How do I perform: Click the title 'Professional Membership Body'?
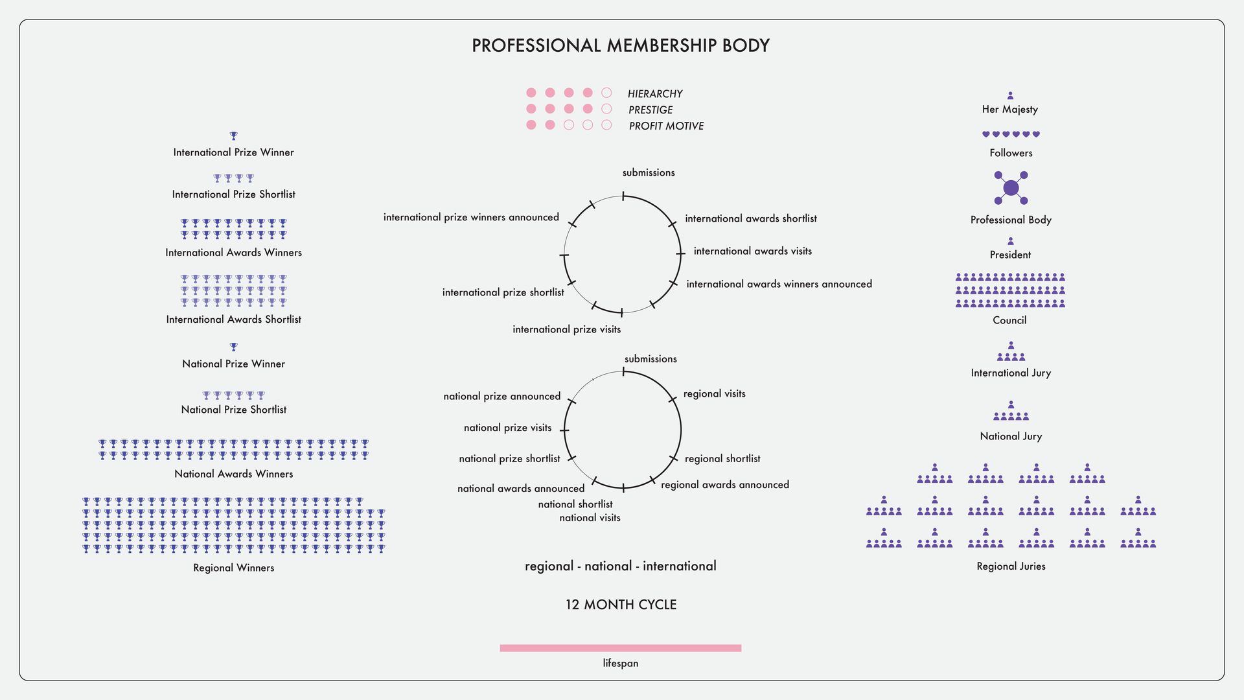tap(621, 45)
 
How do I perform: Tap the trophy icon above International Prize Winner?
tap(234, 136)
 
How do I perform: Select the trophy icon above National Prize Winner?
tap(234, 347)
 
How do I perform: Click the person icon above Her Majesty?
tap(1010, 95)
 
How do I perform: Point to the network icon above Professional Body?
tap(1011, 188)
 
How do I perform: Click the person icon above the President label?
tap(1010, 241)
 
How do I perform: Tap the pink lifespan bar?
tap(621, 648)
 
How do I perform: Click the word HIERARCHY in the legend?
tap(655, 94)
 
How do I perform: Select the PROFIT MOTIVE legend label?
tap(666, 126)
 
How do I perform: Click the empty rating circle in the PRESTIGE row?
tap(606, 109)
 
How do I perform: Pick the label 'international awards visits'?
tap(753, 251)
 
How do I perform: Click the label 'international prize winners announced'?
tap(471, 217)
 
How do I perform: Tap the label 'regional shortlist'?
tap(722, 459)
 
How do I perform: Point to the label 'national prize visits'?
tap(508, 428)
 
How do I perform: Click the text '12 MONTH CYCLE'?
tap(621, 605)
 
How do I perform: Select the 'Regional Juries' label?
tap(1011, 566)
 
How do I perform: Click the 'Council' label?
tap(1009, 320)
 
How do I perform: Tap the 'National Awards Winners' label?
tap(234, 474)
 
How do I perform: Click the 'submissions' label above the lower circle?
tap(651, 359)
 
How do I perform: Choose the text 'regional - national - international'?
tap(621, 566)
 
